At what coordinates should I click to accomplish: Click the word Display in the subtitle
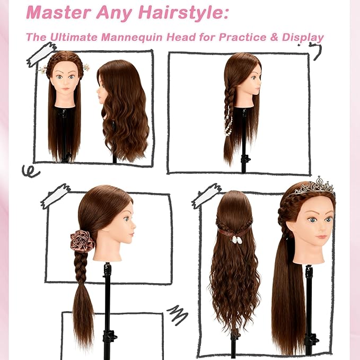pyautogui.click(x=301, y=38)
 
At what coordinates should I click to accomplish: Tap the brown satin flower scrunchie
pyautogui.click(x=83, y=241)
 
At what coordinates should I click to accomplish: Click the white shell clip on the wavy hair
pyautogui.click(x=232, y=239)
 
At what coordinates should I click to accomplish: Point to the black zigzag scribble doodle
pyautogui.click(x=178, y=314)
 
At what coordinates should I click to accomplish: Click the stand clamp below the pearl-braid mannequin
pyautogui.click(x=244, y=158)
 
